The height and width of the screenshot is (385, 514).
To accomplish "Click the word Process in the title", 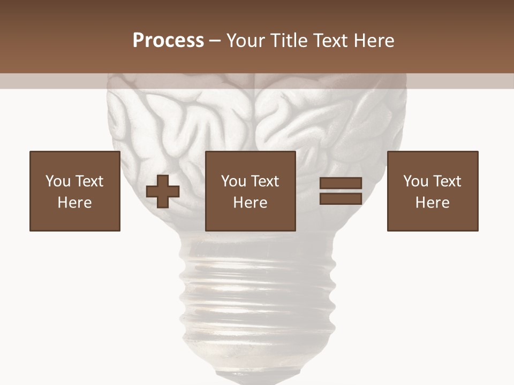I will pyautogui.click(x=168, y=40).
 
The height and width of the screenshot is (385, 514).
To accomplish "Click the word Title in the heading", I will pyautogui.click(x=288, y=40).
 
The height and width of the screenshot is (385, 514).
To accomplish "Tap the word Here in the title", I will pyautogui.click(x=371, y=40).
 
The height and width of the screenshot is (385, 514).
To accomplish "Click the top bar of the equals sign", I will pyautogui.click(x=341, y=183).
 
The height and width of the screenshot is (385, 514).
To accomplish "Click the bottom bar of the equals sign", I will pyautogui.click(x=341, y=199).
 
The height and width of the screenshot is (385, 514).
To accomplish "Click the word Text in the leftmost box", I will pyautogui.click(x=88, y=181).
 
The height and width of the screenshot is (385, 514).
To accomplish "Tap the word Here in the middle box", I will pyautogui.click(x=251, y=203).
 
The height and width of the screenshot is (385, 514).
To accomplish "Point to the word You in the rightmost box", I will pyautogui.click(x=415, y=181).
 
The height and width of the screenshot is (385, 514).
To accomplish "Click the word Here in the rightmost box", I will pyautogui.click(x=433, y=203).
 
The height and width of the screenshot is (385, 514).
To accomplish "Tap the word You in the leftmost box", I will pyautogui.click(x=58, y=181).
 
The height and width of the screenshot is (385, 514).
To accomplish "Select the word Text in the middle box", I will pyautogui.click(x=264, y=181).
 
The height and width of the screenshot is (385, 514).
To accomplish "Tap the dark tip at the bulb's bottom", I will pyautogui.click(x=257, y=379).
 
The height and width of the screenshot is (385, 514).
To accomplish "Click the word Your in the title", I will pyautogui.click(x=246, y=40).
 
